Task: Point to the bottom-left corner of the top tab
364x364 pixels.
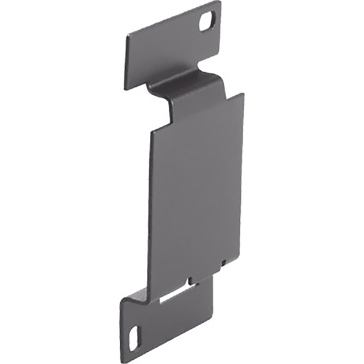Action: click(126, 89)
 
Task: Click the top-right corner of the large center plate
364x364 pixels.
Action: click(243, 93)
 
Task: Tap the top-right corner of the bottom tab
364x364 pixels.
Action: click(213, 277)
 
